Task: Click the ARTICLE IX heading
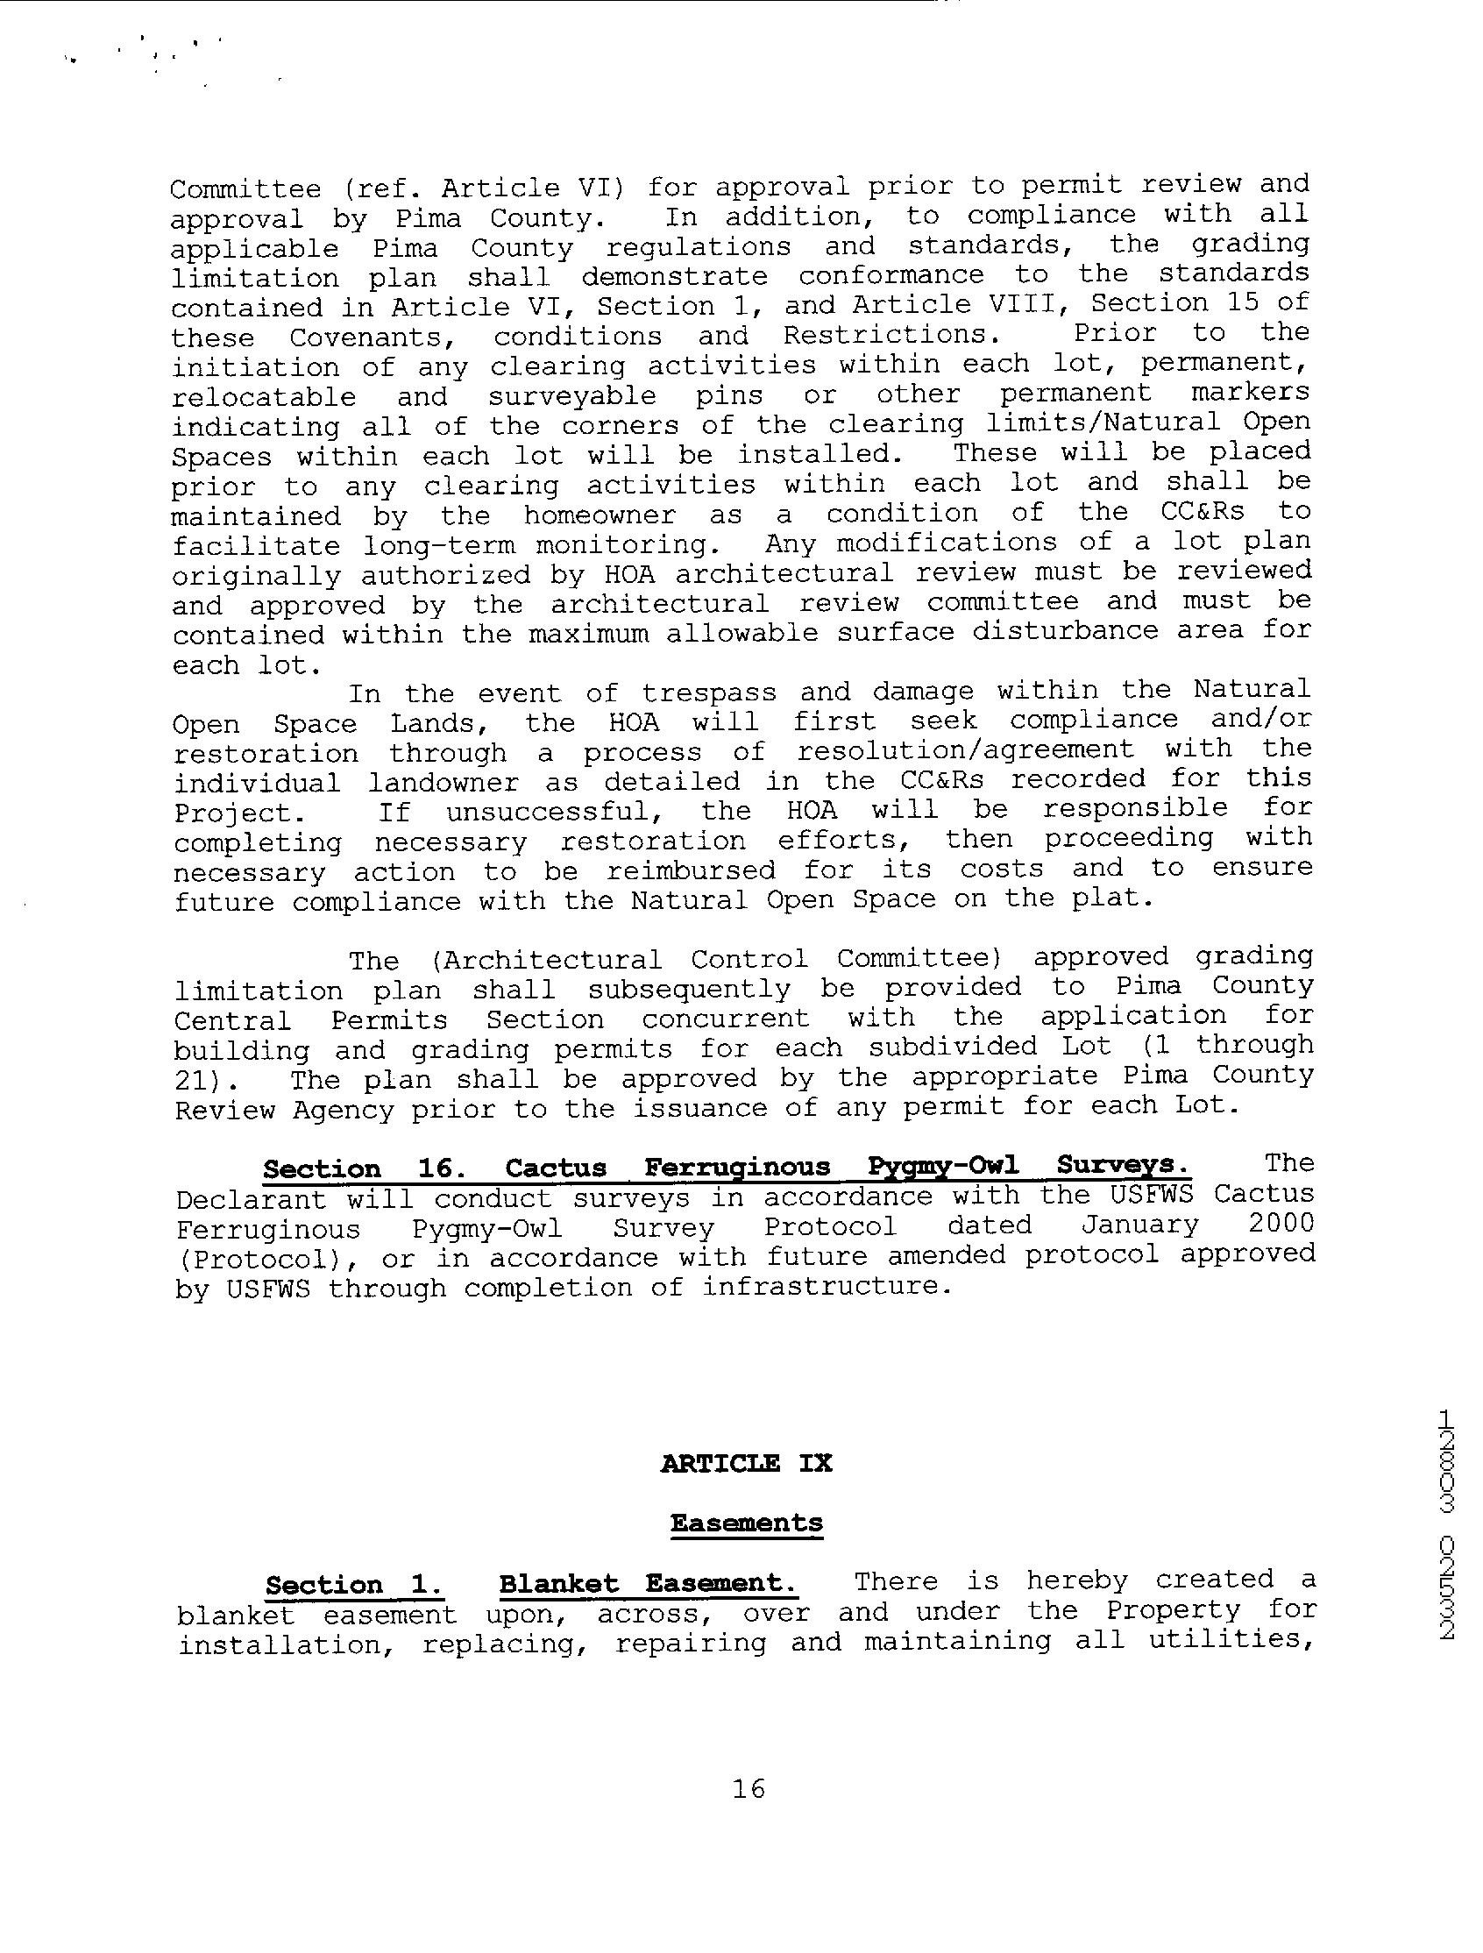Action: click(x=746, y=1463)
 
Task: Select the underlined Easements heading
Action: click(x=746, y=1523)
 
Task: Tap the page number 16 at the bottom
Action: click(x=748, y=1789)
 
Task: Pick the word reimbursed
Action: click(x=692, y=870)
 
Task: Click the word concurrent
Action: click(x=725, y=1019)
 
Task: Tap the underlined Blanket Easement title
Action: click(x=648, y=1583)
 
